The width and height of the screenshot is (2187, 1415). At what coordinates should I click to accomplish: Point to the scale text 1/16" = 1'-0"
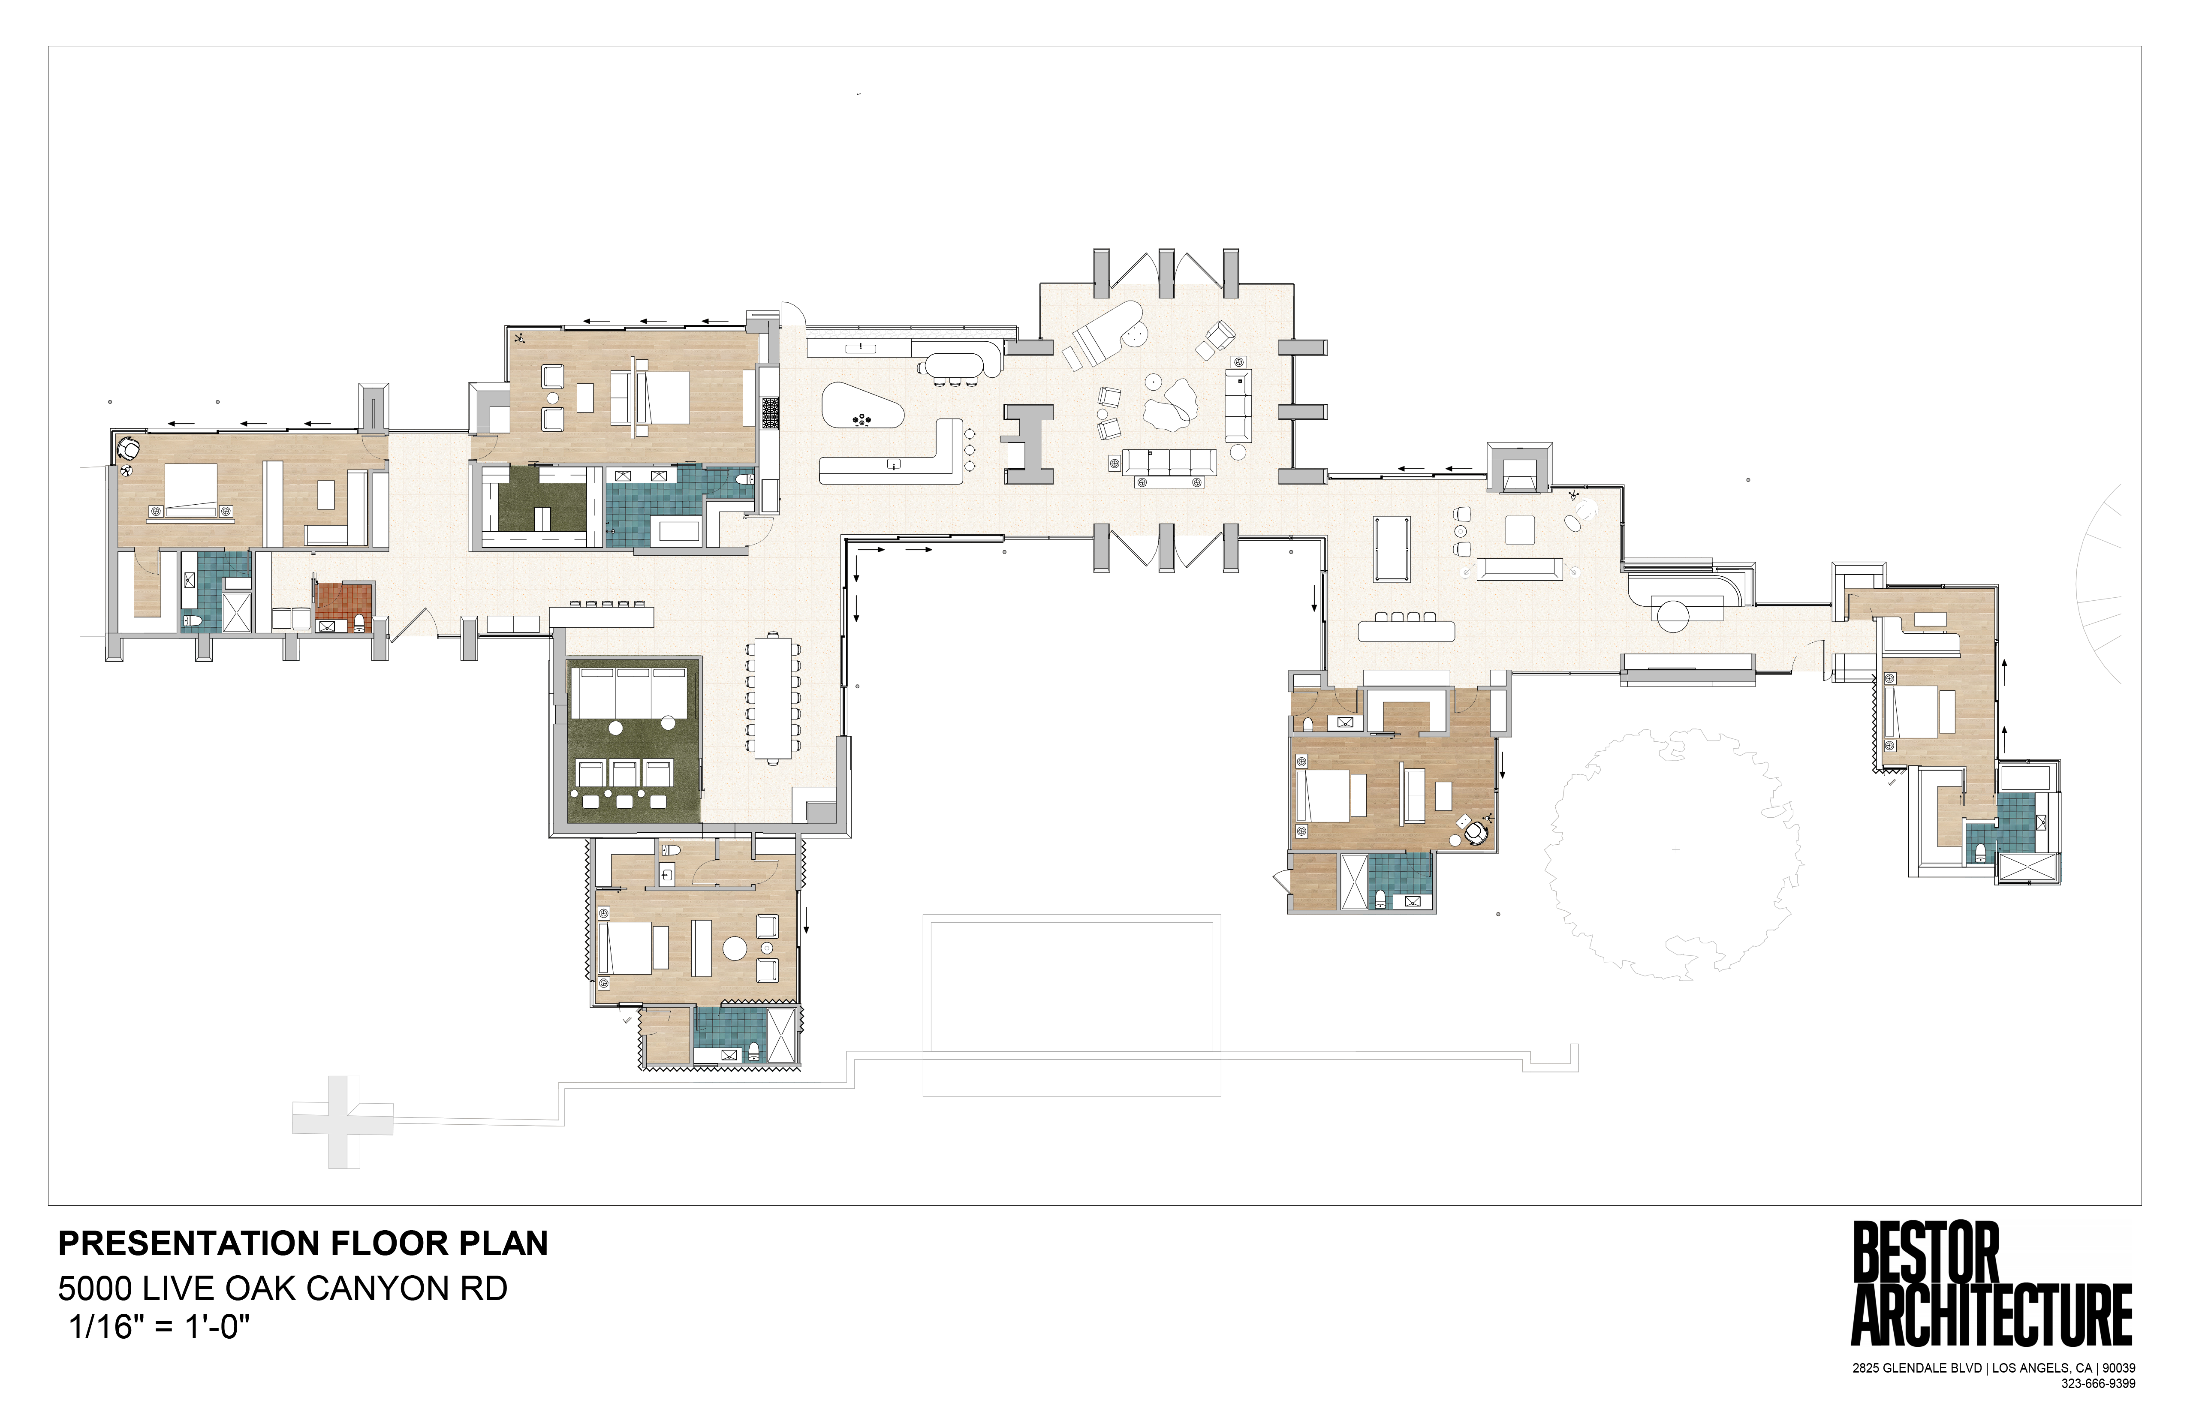click(x=159, y=1328)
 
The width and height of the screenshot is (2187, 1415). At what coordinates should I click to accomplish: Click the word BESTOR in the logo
click(x=1926, y=1252)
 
